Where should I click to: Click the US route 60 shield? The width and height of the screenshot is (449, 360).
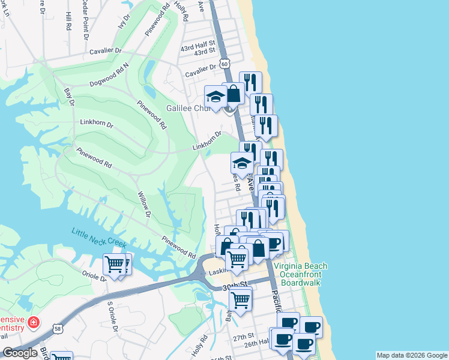[x=224, y=62]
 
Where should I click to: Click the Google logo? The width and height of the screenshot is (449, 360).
[x=20, y=353]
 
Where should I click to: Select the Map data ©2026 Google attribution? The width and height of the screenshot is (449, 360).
[x=412, y=355]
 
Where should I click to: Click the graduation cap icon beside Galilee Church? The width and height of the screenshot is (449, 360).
[x=215, y=96]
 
